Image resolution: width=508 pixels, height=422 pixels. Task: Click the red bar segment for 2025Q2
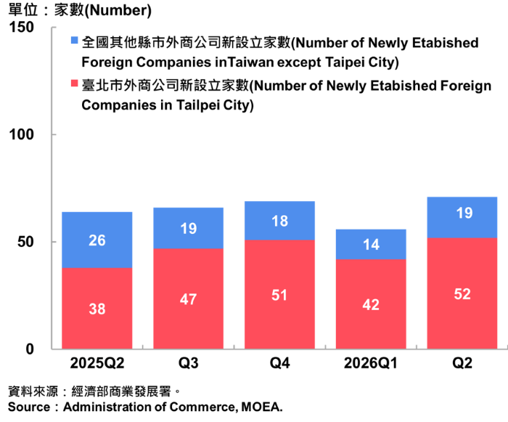tap(97, 308)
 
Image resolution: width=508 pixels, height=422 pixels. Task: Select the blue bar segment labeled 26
tap(97, 240)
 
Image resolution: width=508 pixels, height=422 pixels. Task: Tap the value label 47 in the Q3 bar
tap(188, 299)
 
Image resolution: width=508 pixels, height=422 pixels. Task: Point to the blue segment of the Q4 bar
tap(279, 221)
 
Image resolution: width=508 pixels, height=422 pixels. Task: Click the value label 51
tap(279, 295)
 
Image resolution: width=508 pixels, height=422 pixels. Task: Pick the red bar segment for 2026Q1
tap(371, 304)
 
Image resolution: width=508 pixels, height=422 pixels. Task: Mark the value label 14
tap(371, 245)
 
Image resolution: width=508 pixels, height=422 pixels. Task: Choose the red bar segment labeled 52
tap(462, 293)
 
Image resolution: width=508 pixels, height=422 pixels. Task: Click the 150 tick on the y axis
tap(21, 27)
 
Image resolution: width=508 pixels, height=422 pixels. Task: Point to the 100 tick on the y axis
tap(21, 134)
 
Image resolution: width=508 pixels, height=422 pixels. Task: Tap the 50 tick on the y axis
tap(25, 242)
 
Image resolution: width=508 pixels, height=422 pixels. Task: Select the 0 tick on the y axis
tap(30, 349)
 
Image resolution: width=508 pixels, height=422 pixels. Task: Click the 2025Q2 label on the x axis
tap(97, 363)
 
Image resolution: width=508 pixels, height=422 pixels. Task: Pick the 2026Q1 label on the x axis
tap(371, 363)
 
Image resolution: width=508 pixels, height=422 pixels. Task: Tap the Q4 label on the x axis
tap(279, 363)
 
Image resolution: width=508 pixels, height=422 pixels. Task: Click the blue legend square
tap(75, 40)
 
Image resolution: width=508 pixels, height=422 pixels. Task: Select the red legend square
tap(75, 83)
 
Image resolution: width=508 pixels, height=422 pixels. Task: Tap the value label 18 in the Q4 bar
tap(279, 222)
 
